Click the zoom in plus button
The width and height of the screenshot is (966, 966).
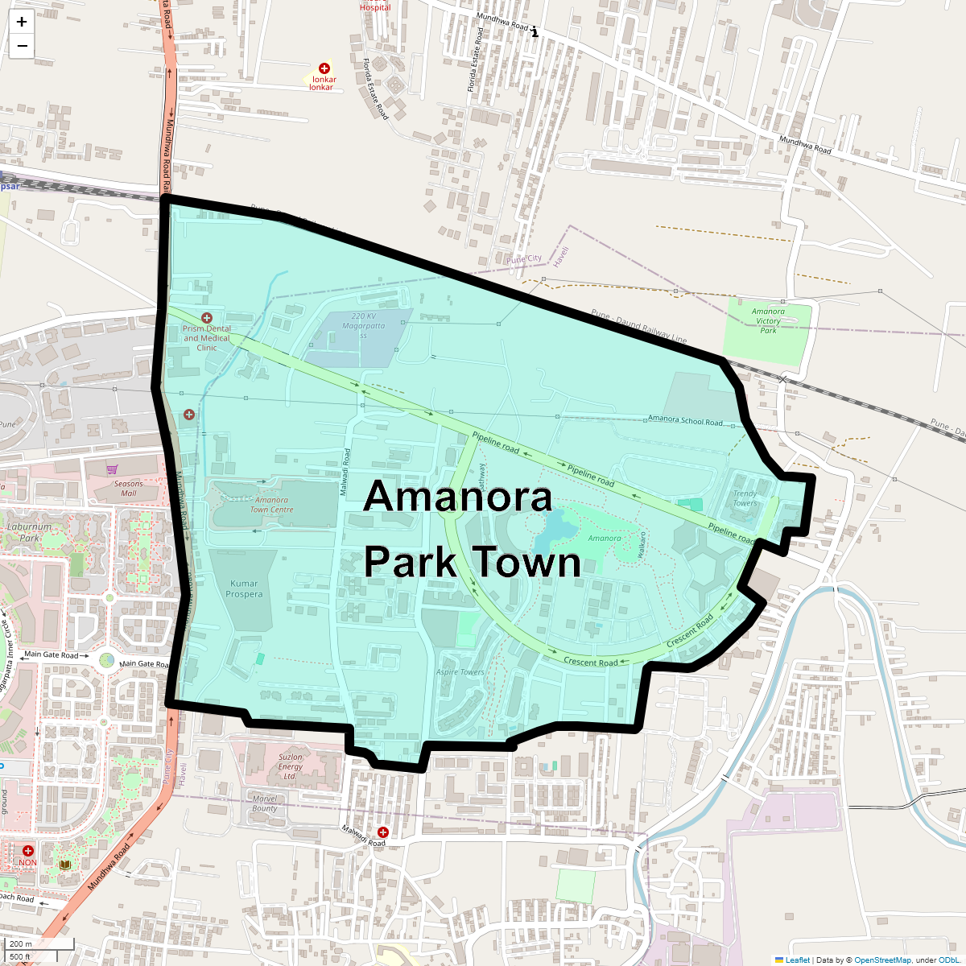click(x=22, y=23)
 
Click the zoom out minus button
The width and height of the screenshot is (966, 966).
click(x=22, y=46)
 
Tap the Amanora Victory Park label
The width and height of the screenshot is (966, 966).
click(x=768, y=321)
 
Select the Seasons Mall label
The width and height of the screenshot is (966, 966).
click(x=128, y=489)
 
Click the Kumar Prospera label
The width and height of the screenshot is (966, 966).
click(x=244, y=589)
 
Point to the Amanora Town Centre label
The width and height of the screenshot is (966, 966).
click(x=271, y=505)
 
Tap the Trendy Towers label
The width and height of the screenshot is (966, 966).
click(x=745, y=498)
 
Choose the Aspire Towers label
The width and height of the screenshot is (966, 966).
click(x=460, y=672)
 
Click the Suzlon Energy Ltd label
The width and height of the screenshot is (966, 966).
click(x=290, y=766)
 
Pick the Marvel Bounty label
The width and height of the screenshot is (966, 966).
click(x=264, y=803)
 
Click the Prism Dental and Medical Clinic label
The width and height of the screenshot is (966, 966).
click(x=207, y=338)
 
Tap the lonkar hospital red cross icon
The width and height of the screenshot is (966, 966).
click(x=324, y=68)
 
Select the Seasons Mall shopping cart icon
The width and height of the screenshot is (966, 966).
click(x=112, y=469)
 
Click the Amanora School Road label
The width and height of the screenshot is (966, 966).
click(x=685, y=420)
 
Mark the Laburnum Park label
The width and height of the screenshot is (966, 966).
click(x=29, y=532)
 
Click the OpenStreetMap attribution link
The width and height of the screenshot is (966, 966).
click(x=882, y=960)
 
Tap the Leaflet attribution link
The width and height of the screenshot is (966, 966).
click(x=797, y=960)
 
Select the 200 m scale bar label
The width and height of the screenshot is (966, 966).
click(x=21, y=943)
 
